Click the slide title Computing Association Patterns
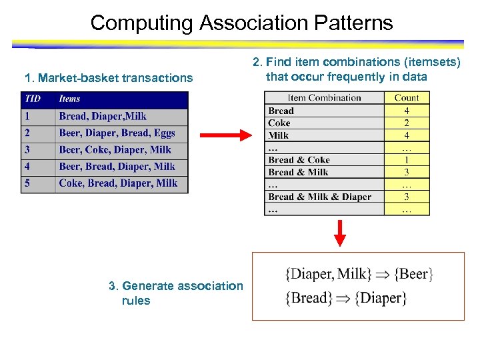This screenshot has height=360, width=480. [241, 23]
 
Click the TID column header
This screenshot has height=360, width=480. [33, 99]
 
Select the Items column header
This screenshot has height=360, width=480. [70, 99]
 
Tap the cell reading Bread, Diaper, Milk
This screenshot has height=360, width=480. [103, 116]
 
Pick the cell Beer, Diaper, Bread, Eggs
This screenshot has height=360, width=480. [117, 133]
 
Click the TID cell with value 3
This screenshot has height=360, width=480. [28, 149]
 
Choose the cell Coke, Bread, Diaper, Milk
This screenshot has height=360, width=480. [118, 183]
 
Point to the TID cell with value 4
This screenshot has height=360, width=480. [28, 166]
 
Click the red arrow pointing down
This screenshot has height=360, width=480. [340, 233]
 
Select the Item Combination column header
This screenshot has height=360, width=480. [324, 98]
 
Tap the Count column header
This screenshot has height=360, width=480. [407, 98]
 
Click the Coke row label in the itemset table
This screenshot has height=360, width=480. [279, 123]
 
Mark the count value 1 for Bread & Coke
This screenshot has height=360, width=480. [407, 160]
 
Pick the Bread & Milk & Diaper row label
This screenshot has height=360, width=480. [319, 197]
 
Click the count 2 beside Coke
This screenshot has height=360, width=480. [407, 123]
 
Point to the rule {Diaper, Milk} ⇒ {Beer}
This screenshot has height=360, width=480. [359, 273]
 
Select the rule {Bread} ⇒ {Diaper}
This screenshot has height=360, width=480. [345, 297]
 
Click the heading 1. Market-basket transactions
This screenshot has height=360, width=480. [108, 78]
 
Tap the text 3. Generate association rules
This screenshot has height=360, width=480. [175, 293]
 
